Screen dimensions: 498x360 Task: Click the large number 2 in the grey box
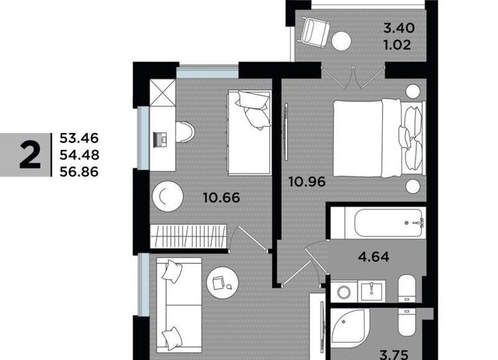(30, 156)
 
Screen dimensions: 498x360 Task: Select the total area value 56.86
(79, 172)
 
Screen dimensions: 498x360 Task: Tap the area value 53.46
(79, 138)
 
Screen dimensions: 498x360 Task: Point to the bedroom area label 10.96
(307, 182)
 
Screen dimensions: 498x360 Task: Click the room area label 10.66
(221, 197)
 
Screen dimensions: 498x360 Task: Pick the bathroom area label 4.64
(373, 257)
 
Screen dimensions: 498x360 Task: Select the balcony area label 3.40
(399, 28)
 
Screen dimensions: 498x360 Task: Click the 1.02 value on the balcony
(397, 45)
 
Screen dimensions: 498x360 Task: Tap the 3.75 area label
(394, 355)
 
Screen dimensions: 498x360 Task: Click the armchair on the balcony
(314, 32)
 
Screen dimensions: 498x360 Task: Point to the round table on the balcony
(342, 41)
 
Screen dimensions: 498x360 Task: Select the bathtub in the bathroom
(378, 222)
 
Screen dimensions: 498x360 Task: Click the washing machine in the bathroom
(344, 292)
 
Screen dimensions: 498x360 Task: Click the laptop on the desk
(160, 140)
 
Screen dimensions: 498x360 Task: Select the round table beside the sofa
(223, 282)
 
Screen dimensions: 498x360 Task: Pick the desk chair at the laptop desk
(185, 131)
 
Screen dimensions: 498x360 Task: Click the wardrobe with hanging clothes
(188, 236)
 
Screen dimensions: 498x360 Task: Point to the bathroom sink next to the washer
(372, 292)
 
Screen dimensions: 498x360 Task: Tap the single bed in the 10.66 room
(249, 132)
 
